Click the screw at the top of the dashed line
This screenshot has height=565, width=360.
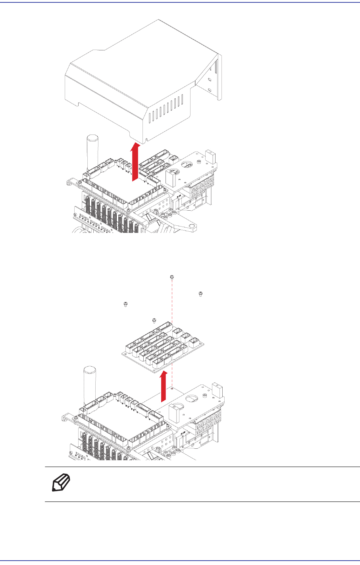pos(171,277)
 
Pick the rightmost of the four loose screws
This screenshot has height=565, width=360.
pos(201,294)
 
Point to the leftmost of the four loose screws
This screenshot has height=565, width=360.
pos(125,304)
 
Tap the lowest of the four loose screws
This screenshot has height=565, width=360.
pos(154,320)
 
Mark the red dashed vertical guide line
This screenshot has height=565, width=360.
pos(171,309)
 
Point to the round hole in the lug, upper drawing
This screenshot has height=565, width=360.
pos(191,226)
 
